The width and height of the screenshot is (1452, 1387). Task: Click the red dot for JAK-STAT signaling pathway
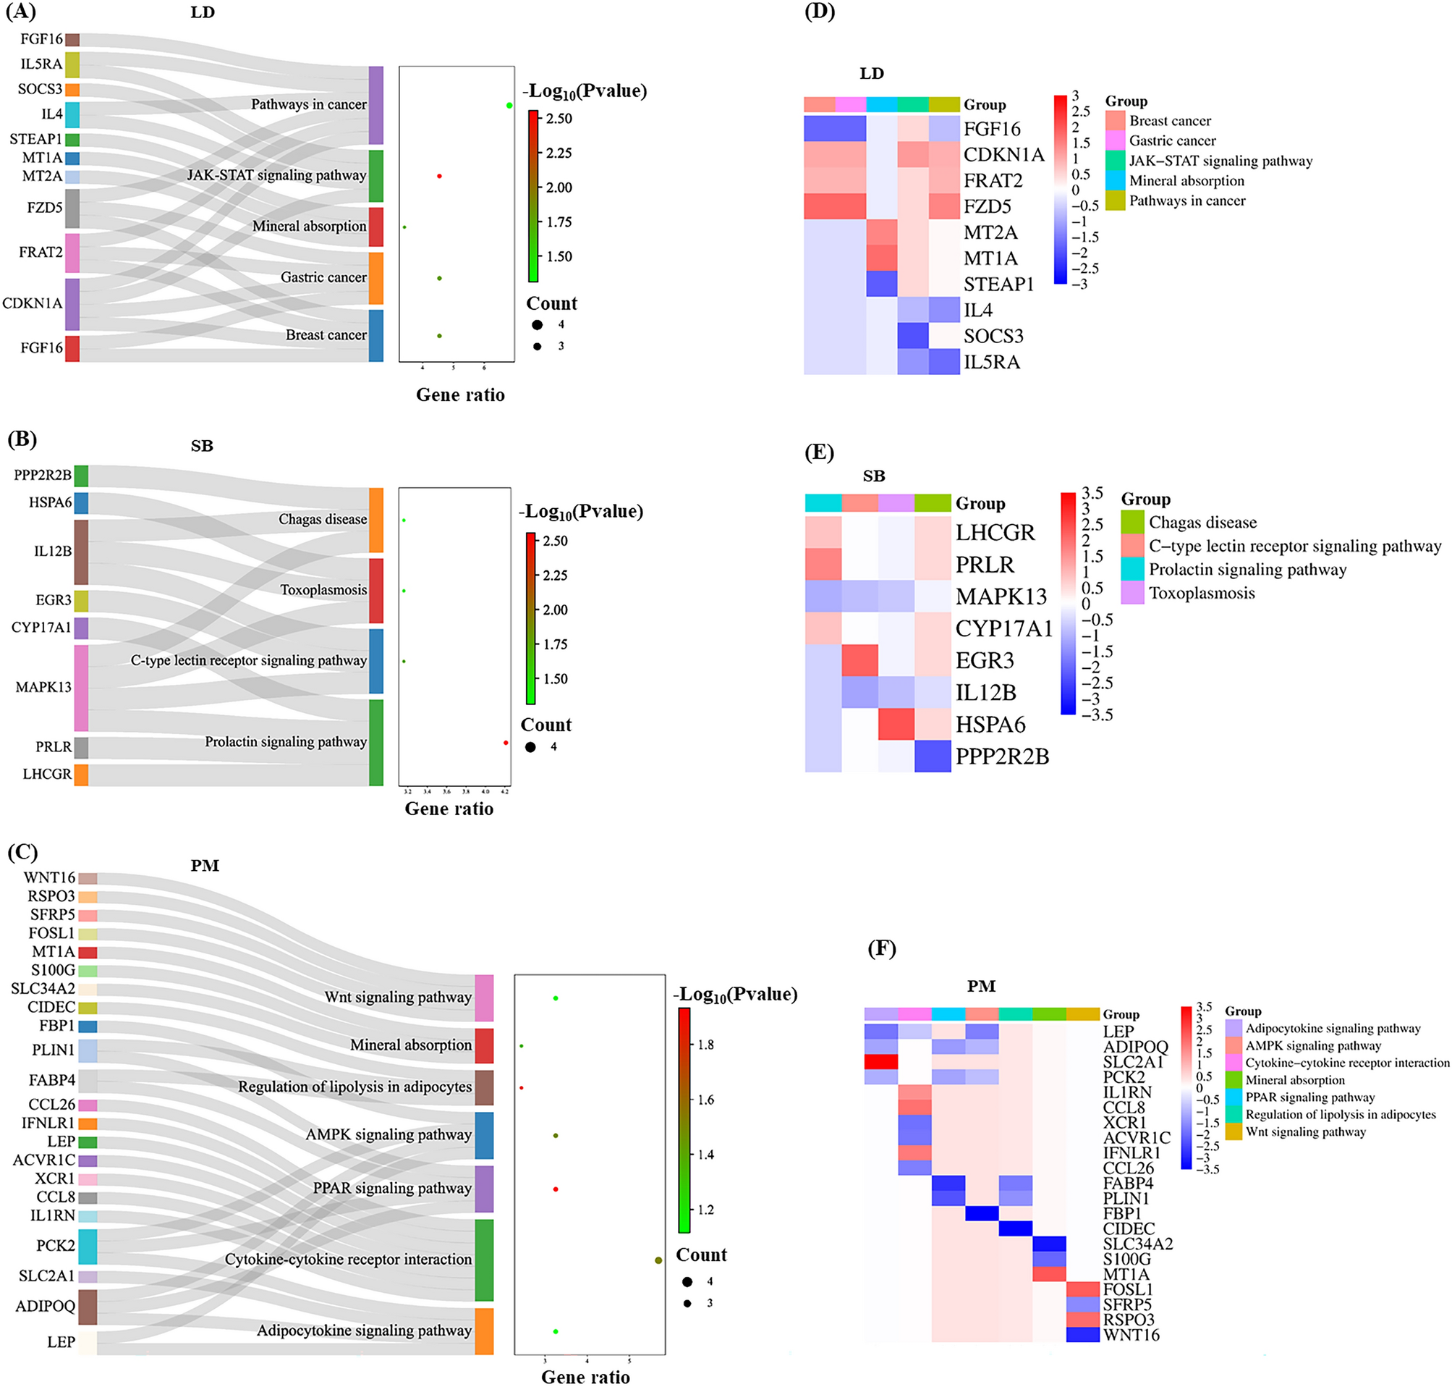[x=439, y=176]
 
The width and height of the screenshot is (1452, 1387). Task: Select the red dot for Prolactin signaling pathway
[x=506, y=742]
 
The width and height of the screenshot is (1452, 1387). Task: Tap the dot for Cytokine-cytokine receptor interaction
[x=658, y=1260]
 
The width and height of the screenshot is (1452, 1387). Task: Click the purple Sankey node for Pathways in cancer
[x=375, y=105]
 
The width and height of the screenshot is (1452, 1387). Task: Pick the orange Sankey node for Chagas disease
[x=376, y=520]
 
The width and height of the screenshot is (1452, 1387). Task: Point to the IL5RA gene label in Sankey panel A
[x=41, y=64]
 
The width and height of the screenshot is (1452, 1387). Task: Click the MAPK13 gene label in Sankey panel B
[x=43, y=687]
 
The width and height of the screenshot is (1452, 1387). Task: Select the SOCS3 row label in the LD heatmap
[x=993, y=337]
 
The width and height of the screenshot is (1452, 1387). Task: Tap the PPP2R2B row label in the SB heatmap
[x=1002, y=756]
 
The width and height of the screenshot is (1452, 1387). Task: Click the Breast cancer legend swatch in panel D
[x=1115, y=120]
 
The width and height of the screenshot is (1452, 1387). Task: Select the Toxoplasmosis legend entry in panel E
[x=1202, y=593]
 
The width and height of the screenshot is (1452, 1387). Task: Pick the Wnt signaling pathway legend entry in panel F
[x=1305, y=1132]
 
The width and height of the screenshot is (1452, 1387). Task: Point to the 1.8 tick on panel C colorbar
[x=705, y=1045]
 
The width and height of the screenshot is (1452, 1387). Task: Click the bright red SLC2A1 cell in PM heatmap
[x=880, y=1062]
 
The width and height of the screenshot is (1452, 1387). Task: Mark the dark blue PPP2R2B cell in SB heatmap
[x=933, y=756]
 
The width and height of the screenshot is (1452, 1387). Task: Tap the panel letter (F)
[x=881, y=948]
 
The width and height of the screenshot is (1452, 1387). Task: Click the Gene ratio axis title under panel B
[x=449, y=809]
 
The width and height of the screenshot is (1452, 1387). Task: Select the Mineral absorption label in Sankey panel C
[x=410, y=1045]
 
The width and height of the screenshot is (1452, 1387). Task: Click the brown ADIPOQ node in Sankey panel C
[x=88, y=1307]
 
